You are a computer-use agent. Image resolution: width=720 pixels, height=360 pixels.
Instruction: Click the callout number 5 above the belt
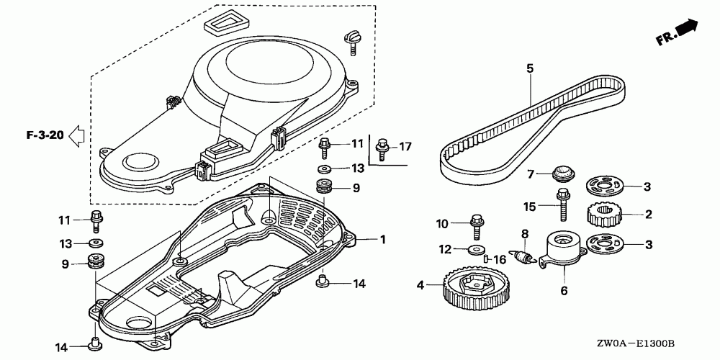pos(529,68)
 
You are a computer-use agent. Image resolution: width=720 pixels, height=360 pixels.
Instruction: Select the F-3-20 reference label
pos(44,135)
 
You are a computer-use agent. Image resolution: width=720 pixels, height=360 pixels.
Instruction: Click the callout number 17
pos(405,147)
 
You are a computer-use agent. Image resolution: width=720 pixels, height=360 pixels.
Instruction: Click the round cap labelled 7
pos(560,174)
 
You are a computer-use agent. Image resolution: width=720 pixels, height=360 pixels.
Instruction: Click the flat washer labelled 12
pos(474,249)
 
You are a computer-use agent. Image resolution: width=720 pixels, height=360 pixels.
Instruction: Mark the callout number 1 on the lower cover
pos(382,238)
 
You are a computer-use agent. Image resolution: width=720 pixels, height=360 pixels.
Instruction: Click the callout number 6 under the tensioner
pos(564,291)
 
